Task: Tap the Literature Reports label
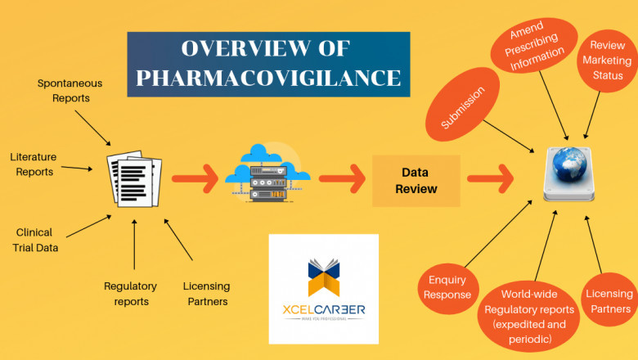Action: tap(32, 164)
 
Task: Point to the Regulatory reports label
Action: tap(127, 294)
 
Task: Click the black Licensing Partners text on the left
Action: tap(206, 294)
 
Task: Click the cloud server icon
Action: tap(267, 176)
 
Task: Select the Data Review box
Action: tap(416, 181)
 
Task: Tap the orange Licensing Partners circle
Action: tap(610, 300)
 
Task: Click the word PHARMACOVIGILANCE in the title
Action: tap(268, 78)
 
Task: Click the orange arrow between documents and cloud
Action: tap(195, 176)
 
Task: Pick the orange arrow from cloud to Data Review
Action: tap(341, 176)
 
